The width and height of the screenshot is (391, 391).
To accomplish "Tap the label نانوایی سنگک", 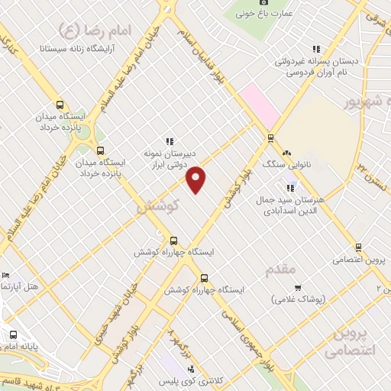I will (280, 164).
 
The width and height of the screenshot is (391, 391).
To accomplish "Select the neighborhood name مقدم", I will (280, 270).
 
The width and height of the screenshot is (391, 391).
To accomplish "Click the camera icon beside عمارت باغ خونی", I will (264, 2).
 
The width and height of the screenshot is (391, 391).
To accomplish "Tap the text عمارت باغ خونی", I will (264, 13).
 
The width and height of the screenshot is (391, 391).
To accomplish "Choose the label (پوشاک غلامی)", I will (299, 299).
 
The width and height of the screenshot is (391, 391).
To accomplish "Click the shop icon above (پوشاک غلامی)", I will (297, 288).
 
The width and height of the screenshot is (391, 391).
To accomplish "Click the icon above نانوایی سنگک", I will (288, 153).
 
